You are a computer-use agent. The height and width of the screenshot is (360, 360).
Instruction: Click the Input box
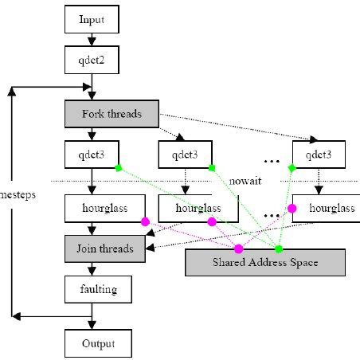[x=92, y=18]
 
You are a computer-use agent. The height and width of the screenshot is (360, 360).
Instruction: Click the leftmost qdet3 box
[x=92, y=153]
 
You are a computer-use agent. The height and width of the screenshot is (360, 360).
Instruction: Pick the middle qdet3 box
[x=186, y=153]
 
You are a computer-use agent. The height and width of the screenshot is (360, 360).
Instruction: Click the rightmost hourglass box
[x=323, y=209]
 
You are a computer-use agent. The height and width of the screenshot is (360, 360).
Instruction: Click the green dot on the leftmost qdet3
[x=117, y=167]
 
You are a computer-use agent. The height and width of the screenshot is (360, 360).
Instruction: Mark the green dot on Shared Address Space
[x=279, y=249]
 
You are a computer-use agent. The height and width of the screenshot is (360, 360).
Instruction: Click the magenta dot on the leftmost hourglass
[x=145, y=222]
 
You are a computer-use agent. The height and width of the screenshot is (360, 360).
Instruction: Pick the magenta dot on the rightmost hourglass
[x=292, y=209]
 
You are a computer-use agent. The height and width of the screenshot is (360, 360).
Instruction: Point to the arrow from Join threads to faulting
[x=92, y=268]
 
